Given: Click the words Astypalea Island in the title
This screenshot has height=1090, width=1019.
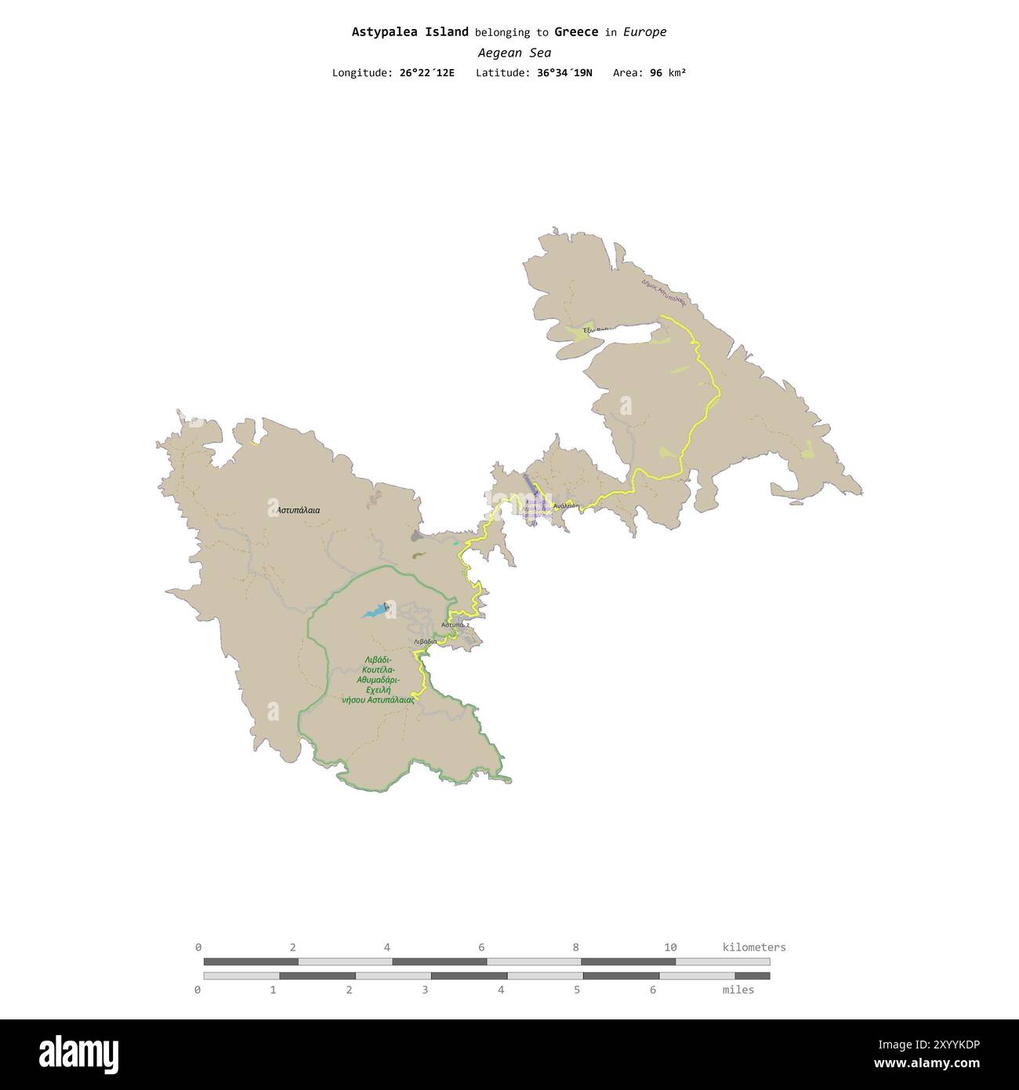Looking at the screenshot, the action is [410, 32].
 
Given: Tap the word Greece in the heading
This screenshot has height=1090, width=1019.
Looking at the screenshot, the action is [576, 32].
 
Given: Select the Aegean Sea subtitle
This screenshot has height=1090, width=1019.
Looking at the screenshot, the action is [514, 53].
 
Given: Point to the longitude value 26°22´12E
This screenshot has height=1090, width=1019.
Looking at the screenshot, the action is [426, 73].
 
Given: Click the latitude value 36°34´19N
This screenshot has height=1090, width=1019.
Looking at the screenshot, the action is [565, 73].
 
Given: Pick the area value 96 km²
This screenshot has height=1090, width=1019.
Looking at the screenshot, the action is [668, 73].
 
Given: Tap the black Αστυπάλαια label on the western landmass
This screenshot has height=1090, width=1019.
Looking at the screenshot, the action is [299, 510].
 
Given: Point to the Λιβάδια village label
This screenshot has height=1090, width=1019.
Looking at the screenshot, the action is [425, 641].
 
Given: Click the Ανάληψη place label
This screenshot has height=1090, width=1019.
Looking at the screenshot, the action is [565, 506].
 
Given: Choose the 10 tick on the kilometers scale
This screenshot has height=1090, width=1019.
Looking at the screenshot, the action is [670, 947].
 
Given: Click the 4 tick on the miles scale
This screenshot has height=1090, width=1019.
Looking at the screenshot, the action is [501, 990].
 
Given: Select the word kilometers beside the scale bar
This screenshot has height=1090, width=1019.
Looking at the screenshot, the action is [754, 947].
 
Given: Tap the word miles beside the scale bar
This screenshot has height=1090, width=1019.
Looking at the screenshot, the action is [738, 990].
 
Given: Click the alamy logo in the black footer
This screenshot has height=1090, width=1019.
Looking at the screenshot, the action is [79, 1054].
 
